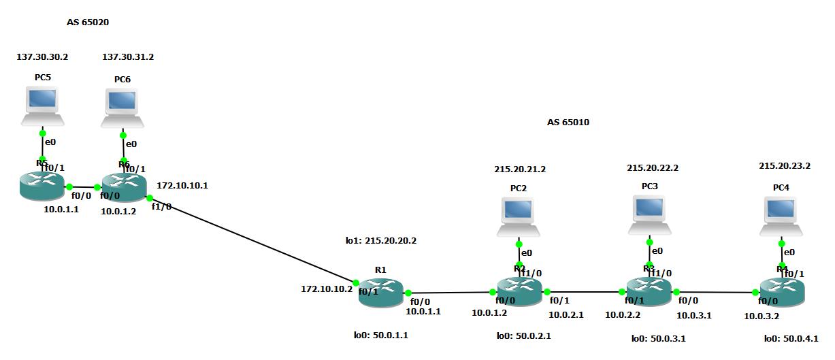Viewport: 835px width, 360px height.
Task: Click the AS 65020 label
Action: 88,22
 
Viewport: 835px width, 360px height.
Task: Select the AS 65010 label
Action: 568,122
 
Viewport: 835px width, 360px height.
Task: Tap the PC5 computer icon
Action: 43,106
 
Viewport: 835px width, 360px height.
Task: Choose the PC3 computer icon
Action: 650,214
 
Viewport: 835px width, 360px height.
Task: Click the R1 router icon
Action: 381,295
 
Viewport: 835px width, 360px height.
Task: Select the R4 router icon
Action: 782,293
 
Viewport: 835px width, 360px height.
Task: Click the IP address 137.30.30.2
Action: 42,57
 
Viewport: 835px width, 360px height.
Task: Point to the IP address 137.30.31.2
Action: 128,57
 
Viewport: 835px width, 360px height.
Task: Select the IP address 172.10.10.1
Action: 182,185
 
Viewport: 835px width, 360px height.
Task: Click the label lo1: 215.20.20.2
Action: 380,240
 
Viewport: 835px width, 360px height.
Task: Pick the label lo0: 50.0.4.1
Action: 791,338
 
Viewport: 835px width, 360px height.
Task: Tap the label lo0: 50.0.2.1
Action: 524,336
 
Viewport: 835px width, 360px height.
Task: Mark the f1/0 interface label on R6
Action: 161,206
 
